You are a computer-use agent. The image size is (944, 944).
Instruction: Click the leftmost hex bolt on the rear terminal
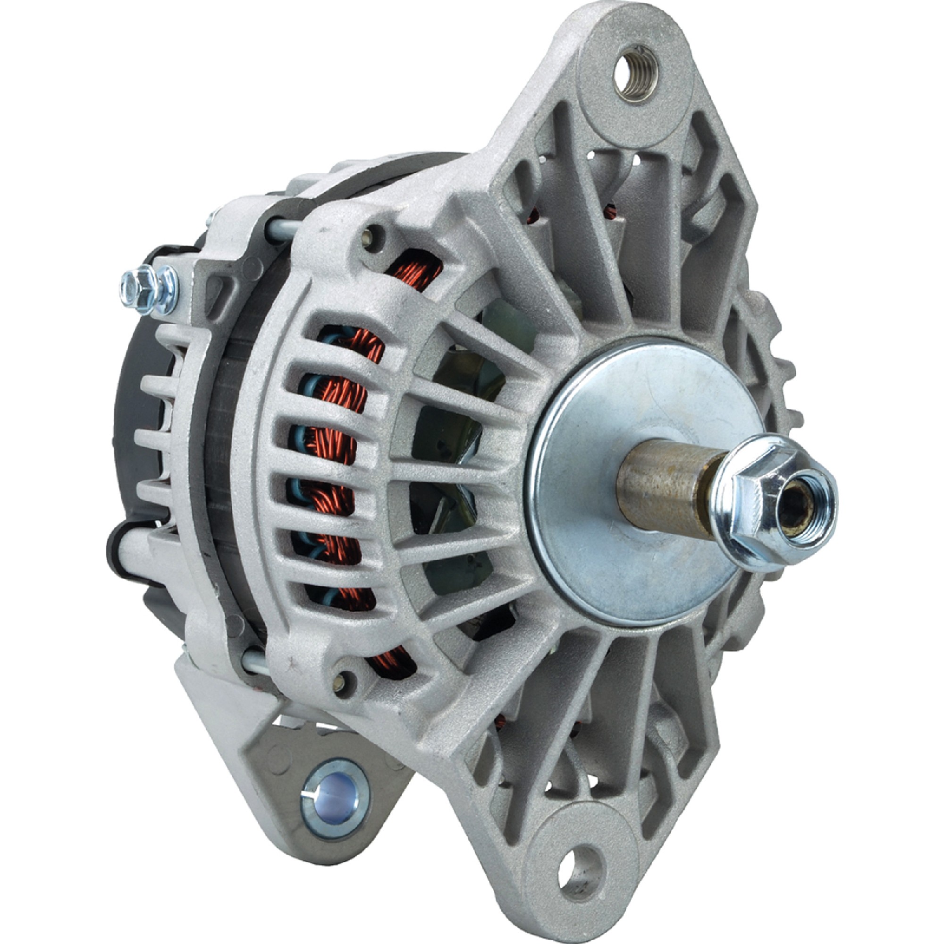133,284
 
